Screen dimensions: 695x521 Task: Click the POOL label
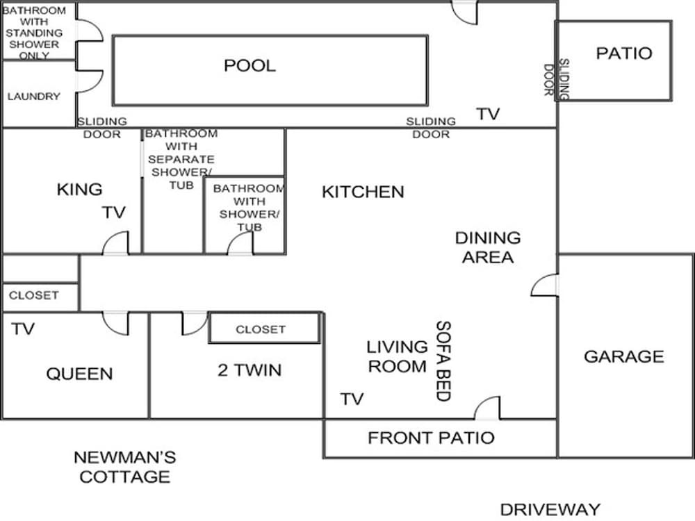pyautogui.click(x=250, y=65)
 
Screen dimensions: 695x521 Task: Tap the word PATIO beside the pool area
pyautogui.click(x=624, y=53)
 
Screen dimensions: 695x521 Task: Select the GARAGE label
pyautogui.click(x=624, y=356)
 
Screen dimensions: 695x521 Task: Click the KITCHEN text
pyautogui.click(x=363, y=192)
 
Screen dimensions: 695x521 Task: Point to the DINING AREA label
pyautogui.click(x=488, y=247)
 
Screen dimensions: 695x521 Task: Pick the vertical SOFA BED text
pyautogui.click(x=443, y=361)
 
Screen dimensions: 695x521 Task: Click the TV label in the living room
pyautogui.click(x=352, y=399)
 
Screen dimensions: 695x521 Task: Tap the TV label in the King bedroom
pyautogui.click(x=114, y=213)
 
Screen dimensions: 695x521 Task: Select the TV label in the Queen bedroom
pyautogui.click(x=23, y=329)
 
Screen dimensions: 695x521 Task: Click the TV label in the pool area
pyautogui.click(x=488, y=114)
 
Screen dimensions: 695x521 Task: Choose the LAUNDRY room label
pyautogui.click(x=33, y=96)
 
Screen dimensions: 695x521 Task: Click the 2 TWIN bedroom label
pyautogui.click(x=250, y=370)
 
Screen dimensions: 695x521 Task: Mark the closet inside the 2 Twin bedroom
pyautogui.click(x=265, y=329)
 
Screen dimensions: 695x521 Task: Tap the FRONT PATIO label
pyautogui.click(x=432, y=438)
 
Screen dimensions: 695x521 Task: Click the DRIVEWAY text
pyautogui.click(x=550, y=509)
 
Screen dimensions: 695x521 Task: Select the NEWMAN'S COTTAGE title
pyautogui.click(x=125, y=467)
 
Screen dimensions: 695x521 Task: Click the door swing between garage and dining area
pyautogui.click(x=544, y=285)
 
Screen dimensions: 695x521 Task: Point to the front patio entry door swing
pyautogui.click(x=487, y=408)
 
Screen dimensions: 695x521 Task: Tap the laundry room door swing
pyautogui.click(x=90, y=81)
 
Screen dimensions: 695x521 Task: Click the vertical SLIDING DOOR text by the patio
pyautogui.click(x=556, y=80)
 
